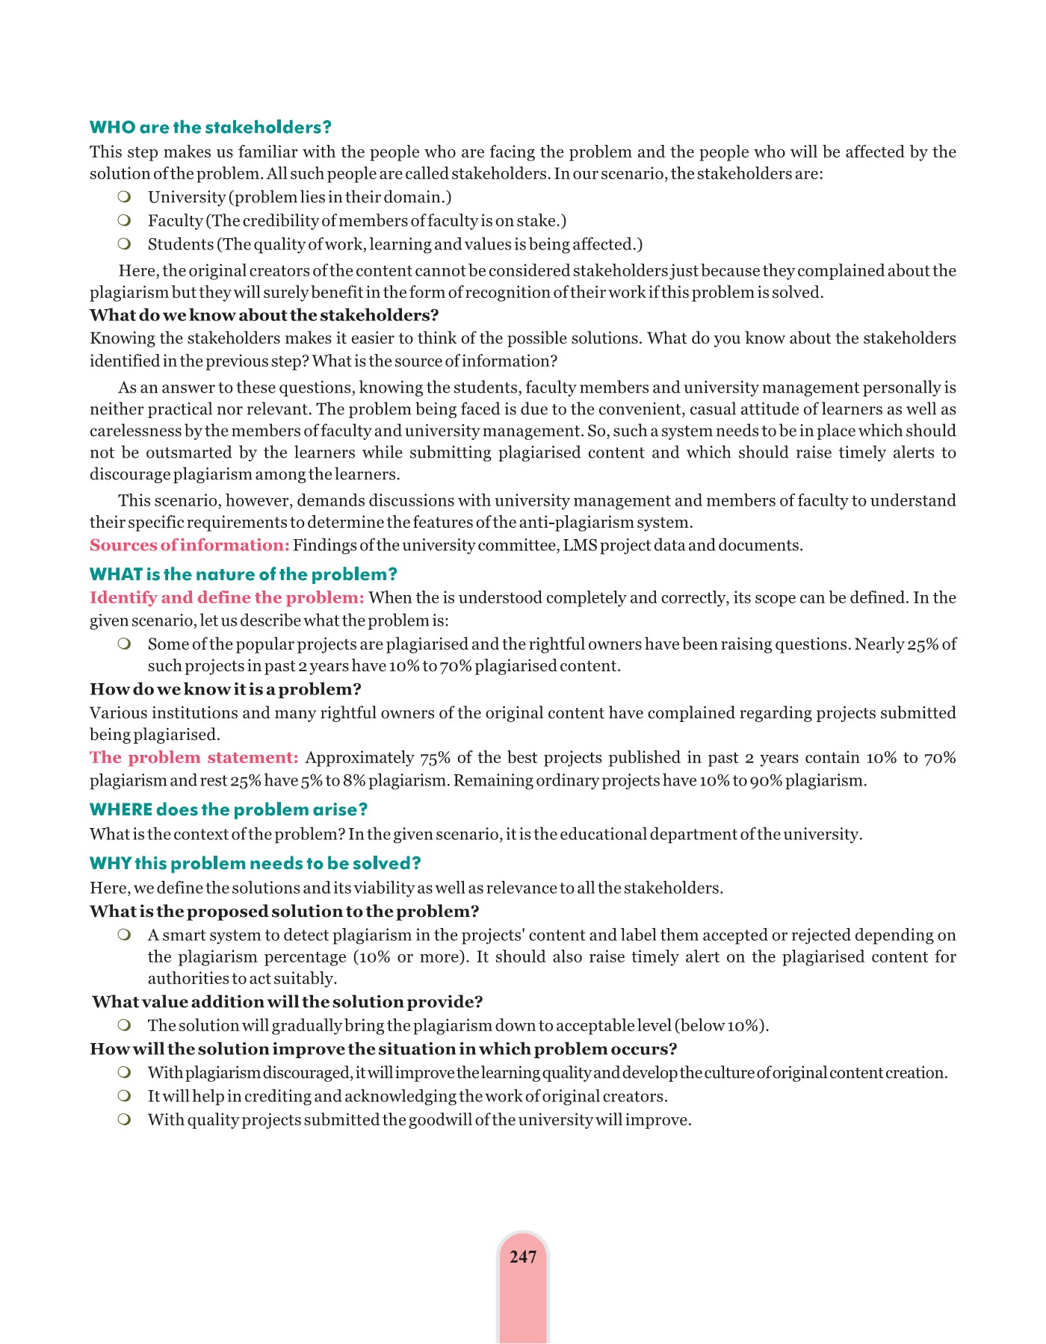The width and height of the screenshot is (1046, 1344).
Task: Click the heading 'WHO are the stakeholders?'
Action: click(210, 128)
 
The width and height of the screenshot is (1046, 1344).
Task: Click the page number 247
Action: click(522, 1257)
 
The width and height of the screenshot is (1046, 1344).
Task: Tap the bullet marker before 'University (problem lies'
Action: click(124, 197)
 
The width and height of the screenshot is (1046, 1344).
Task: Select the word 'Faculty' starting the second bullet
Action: click(175, 221)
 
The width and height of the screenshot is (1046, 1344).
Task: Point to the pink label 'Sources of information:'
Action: click(189, 545)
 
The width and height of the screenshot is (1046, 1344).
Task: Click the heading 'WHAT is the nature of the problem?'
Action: click(243, 574)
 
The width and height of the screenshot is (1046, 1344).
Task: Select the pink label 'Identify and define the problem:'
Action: click(226, 597)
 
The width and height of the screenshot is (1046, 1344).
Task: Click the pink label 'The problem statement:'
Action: click(194, 758)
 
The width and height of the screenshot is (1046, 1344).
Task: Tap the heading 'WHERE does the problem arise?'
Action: click(229, 809)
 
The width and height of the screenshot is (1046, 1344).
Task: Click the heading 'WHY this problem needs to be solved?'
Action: click(255, 863)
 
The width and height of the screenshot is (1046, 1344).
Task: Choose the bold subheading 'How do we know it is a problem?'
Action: click(225, 689)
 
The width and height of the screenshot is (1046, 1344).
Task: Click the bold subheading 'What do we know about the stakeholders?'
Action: click(264, 315)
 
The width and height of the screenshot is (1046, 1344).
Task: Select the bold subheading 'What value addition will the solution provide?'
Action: click(287, 1001)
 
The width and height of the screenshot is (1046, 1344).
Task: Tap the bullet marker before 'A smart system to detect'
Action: click(124, 936)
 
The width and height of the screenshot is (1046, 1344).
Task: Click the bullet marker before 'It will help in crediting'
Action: click(124, 1096)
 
